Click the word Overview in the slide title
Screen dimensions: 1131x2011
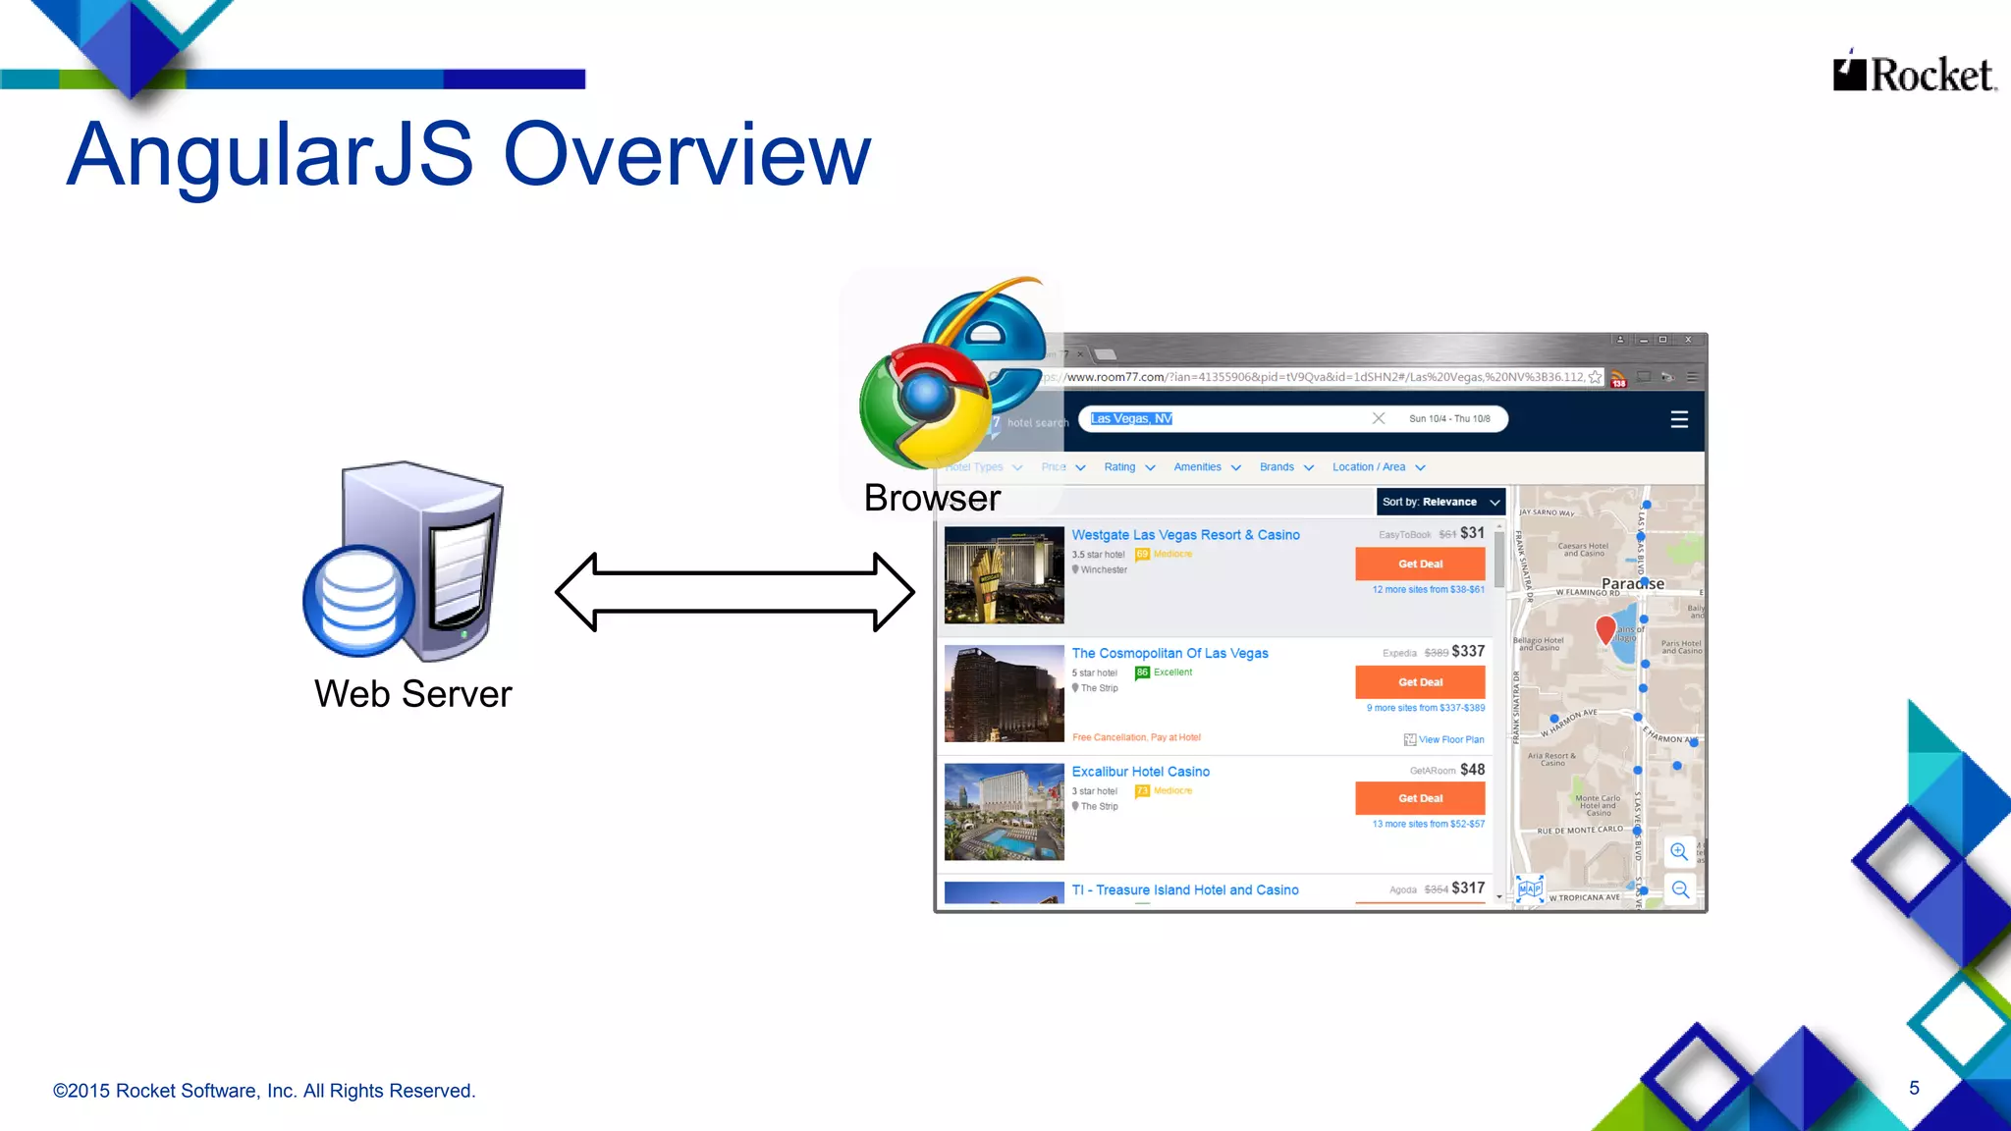[686, 154]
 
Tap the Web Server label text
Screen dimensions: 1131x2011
[412, 694]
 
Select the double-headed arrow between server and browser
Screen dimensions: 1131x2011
[734, 591]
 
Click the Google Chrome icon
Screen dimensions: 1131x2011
[923, 404]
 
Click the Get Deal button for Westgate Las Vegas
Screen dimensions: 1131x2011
[1420, 564]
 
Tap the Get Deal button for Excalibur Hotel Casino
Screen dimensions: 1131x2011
[1420, 798]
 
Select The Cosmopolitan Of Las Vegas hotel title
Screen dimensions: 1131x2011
[1169, 653]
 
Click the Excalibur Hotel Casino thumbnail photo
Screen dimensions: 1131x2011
[1004, 812]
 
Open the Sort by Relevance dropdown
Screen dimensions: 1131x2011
[1440, 502]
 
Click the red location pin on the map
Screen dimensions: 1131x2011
[1605, 628]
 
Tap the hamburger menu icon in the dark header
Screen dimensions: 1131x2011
[1679, 419]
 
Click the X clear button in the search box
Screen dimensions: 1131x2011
[1379, 418]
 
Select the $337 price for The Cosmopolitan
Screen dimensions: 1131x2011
[1468, 651]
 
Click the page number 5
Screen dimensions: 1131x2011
[1914, 1088]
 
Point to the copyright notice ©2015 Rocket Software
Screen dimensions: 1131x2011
[264, 1091]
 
